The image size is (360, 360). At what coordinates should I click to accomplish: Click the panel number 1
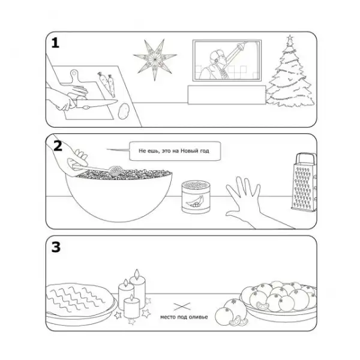pos(55,43)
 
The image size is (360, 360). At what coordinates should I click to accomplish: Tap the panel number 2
pos(58,146)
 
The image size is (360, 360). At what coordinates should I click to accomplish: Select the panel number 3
pos(56,247)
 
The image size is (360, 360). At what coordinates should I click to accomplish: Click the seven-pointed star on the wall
pos(155,59)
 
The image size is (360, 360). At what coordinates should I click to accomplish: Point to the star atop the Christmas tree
pos(290,38)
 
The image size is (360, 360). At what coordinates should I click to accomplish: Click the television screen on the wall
pos(227,61)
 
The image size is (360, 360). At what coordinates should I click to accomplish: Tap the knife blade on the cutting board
pos(97,104)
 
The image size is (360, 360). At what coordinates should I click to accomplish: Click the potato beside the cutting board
pos(124,111)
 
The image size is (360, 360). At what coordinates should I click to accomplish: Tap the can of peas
pos(196,197)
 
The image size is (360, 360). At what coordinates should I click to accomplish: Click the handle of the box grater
pos(305,159)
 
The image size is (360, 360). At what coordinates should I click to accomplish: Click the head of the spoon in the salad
pos(114,171)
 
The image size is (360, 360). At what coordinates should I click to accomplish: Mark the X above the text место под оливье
pos(182,307)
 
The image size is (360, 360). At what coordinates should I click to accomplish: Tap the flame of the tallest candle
pos(137,274)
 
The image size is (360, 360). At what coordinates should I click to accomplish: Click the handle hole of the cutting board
pos(74,73)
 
